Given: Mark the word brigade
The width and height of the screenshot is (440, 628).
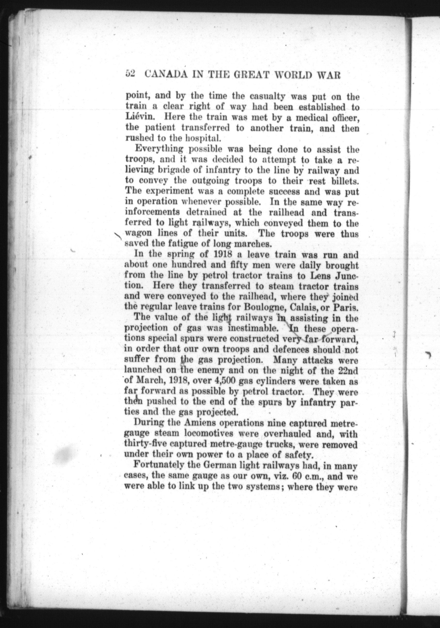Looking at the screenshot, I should point(173,171).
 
